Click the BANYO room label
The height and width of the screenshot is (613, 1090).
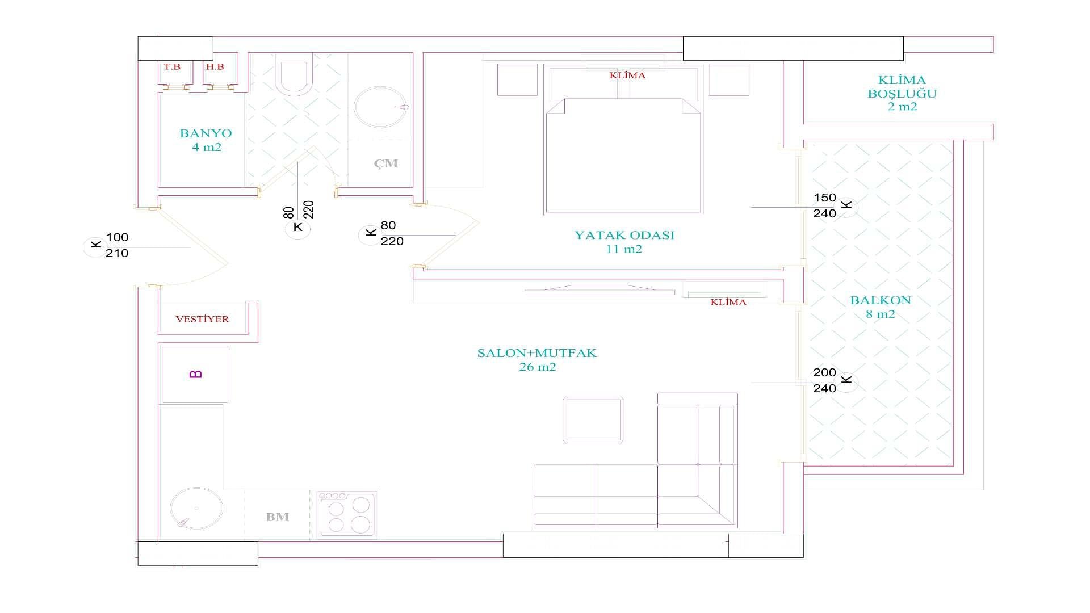click(206, 133)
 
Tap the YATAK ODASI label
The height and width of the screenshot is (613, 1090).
click(624, 235)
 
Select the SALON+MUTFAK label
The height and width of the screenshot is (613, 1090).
click(537, 353)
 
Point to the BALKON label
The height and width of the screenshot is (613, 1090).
click(881, 300)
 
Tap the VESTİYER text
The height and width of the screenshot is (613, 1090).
click(202, 319)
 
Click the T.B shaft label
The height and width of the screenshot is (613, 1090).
click(172, 66)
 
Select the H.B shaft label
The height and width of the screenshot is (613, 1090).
click(215, 66)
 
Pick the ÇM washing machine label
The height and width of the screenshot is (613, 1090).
click(385, 163)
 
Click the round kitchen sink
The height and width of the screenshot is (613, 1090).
click(196, 509)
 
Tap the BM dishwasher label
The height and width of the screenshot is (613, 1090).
click(278, 517)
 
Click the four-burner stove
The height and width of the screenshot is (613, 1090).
click(347, 514)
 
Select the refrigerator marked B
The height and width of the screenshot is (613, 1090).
click(195, 375)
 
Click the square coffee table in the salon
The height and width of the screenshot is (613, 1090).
click(593, 420)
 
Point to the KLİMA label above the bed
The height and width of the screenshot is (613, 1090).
click(627, 75)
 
